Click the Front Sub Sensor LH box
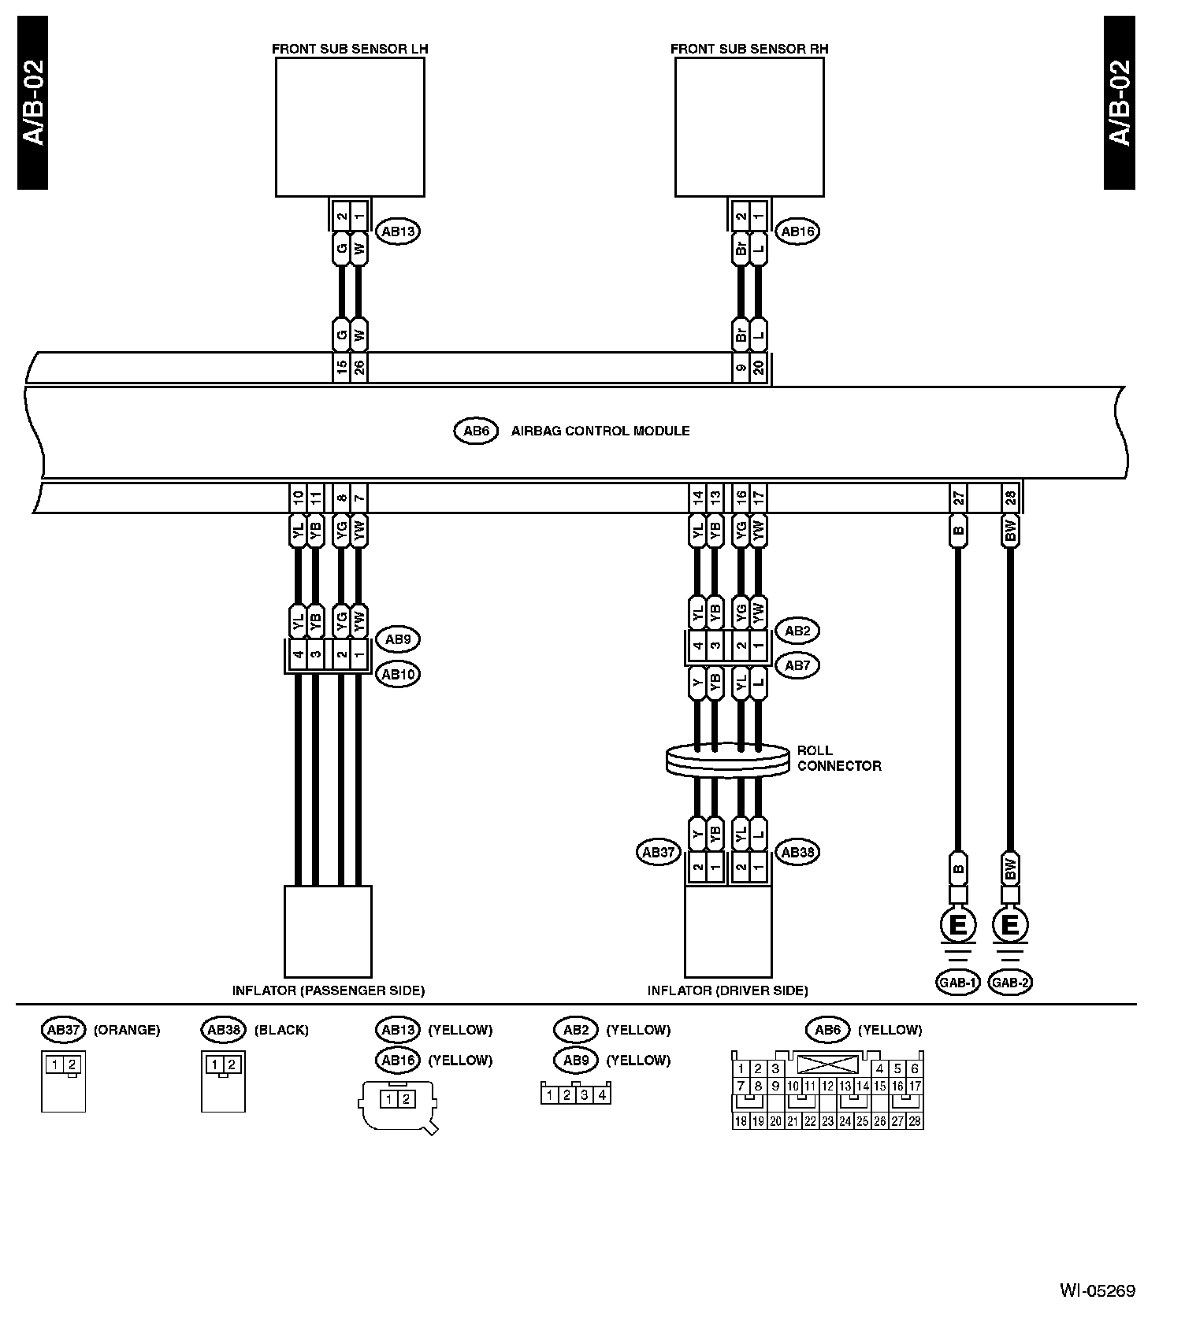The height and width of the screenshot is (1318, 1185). (350, 127)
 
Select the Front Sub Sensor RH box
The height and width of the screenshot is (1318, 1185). (749, 127)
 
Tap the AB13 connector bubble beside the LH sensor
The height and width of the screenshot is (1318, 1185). (398, 231)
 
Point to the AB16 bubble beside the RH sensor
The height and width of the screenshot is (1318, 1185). (797, 231)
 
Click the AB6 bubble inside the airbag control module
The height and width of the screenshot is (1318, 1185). (476, 431)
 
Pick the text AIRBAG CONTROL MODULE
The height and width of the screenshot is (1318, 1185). (600, 431)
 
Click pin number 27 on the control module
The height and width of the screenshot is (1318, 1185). (958, 498)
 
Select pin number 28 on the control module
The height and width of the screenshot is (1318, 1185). (1011, 498)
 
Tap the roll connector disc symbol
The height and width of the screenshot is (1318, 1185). (727, 761)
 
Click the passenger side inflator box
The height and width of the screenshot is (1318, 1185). (328, 931)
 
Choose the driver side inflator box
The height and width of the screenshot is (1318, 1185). (728, 931)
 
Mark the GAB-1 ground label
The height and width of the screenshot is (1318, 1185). (957, 982)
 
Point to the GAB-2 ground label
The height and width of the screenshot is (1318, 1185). (1011, 982)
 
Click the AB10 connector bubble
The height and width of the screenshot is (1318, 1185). (398, 675)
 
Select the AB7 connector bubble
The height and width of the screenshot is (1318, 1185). (797, 665)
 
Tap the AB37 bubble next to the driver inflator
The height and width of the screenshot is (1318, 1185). (658, 853)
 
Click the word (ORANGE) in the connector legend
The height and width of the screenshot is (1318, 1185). (127, 1030)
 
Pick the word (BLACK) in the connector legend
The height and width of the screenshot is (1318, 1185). (281, 1030)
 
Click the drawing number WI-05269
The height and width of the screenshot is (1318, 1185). (1097, 1290)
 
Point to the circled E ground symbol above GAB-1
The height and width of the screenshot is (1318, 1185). (958, 924)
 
